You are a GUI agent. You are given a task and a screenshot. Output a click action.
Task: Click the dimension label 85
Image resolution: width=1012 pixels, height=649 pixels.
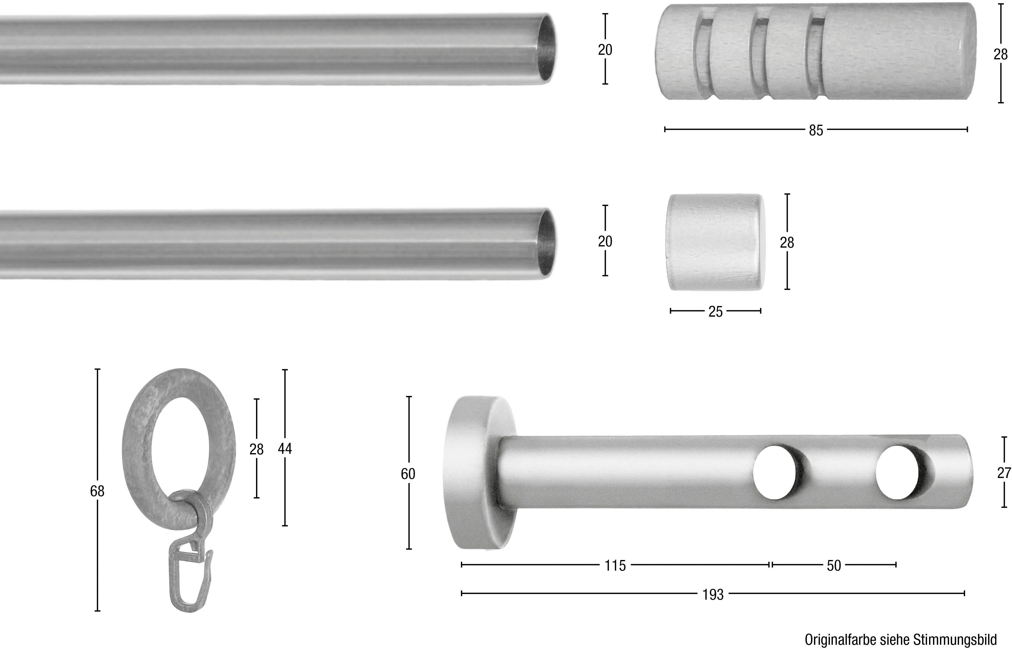pyautogui.click(x=816, y=130)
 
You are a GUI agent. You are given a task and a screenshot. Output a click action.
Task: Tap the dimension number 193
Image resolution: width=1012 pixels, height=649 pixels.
pyautogui.click(x=713, y=595)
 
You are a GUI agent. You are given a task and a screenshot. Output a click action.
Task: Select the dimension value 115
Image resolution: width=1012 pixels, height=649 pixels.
pyautogui.click(x=615, y=565)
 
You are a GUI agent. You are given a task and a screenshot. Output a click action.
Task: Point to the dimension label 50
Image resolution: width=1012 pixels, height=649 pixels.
pyautogui.click(x=834, y=565)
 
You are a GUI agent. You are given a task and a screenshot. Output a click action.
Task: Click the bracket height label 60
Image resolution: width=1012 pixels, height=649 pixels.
pyautogui.click(x=408, y=474)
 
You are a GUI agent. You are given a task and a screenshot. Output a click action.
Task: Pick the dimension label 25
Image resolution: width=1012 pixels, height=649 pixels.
pyautogui.click(x=715, y=312)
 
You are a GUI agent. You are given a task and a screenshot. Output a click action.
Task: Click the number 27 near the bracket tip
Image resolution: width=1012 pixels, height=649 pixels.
pyautogui.click(x=1004, y=473)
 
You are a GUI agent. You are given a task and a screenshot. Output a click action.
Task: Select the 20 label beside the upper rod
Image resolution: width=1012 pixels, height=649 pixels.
pyautogui.click(x=605, y=50)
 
